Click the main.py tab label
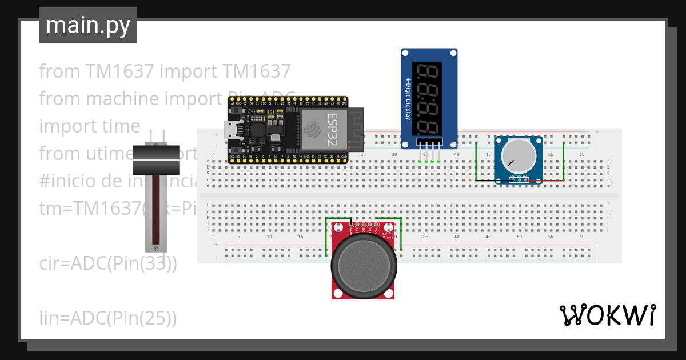(x=88, y=25)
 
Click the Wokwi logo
(x=607, y=315)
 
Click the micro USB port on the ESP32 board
(x=232, y=129)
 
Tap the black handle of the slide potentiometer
(x=156, y=159)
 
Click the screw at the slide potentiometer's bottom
(x=155, y=247)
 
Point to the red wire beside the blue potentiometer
(x=546, y=181)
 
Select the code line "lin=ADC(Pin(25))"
(x=107, y=318)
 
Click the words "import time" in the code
(x=89, y=126)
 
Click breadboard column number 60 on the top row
(x=581, y=155)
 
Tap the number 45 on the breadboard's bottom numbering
(x=488, y=237)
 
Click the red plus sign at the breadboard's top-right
(x=597, y=132)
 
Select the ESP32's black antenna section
(x=356, y=129)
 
